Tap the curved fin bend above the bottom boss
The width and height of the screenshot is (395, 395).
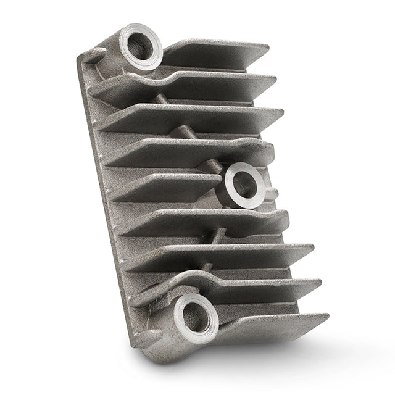(185, 278)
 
